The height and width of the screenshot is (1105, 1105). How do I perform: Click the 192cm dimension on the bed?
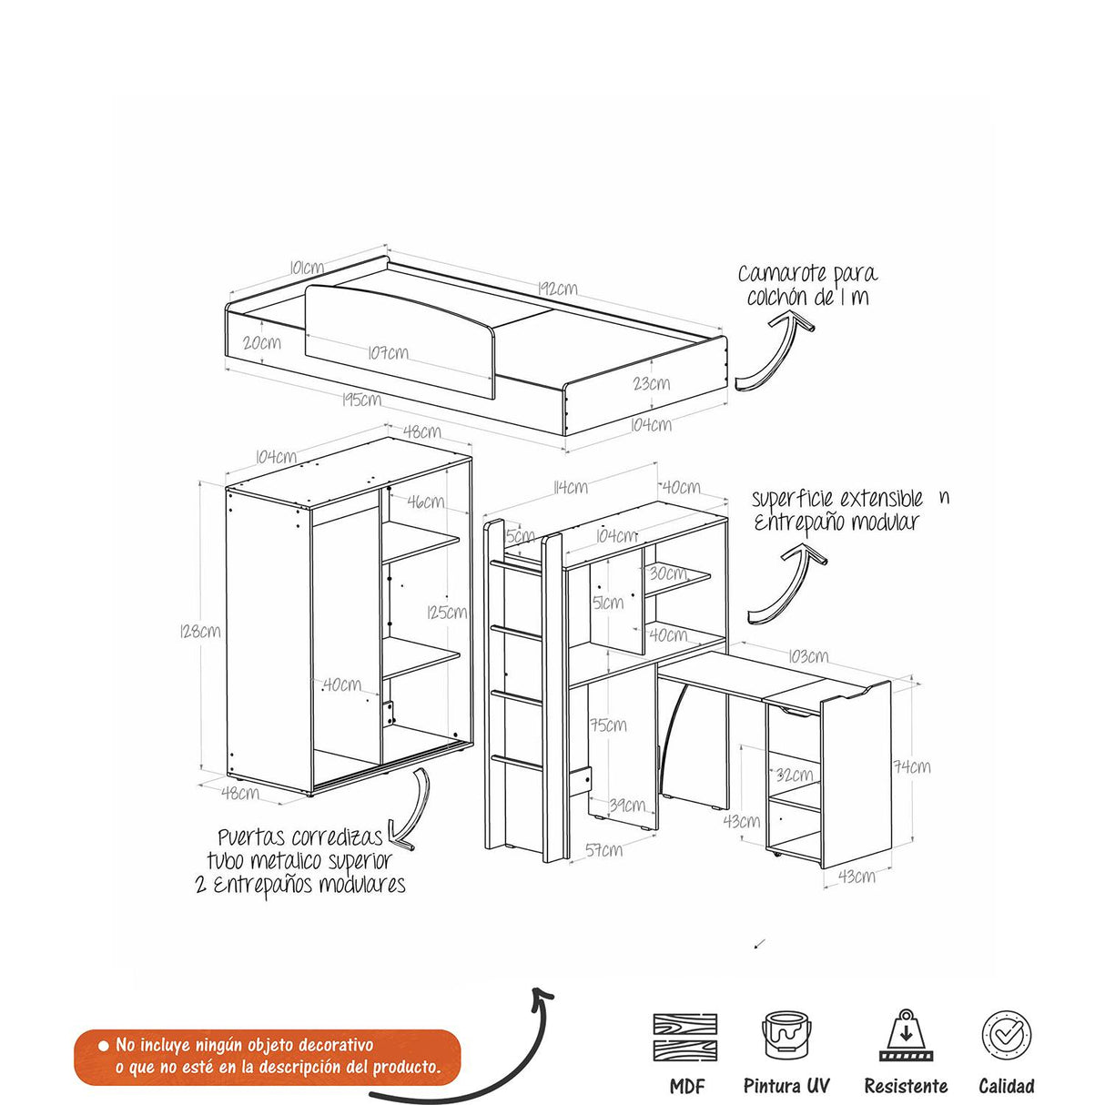click(x=557, y=289)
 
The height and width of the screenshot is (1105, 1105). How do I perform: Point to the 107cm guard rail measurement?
click(x=389, y=352)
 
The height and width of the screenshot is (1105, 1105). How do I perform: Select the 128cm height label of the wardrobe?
click(x=200, y=630)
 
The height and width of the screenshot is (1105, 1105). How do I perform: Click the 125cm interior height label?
click(x=447, y=612)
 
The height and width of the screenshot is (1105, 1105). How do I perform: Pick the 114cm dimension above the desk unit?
click(x=570, y=487)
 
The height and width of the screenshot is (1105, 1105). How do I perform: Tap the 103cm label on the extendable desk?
click(x=807, y=655)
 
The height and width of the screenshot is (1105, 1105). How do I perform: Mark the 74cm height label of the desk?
click(x=911, y=766)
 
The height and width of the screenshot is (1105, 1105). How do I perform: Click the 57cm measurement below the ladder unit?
click(x=603, y=849)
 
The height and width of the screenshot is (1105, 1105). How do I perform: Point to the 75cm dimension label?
click(x=607, y=725)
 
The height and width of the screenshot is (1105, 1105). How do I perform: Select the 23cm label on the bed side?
click(x=651, y=383)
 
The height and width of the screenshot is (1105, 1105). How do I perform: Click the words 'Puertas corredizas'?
click(x=300, y=837)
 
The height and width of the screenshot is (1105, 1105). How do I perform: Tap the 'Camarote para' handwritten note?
click(x=807, y=273)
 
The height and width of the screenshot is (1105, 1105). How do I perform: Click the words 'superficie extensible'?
click(x=836, y=499)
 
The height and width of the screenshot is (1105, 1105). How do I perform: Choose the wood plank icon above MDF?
click(x=685, y=1037)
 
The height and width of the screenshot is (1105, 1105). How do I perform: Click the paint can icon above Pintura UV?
click(x=786, y=1035)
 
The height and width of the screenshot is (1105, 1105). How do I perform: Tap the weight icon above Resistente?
click(x=905, y=1035)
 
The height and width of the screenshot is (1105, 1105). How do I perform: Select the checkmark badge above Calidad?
click(x=1006, y=1035)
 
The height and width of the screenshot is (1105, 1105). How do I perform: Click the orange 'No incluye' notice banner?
click(x=267, y=1057)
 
